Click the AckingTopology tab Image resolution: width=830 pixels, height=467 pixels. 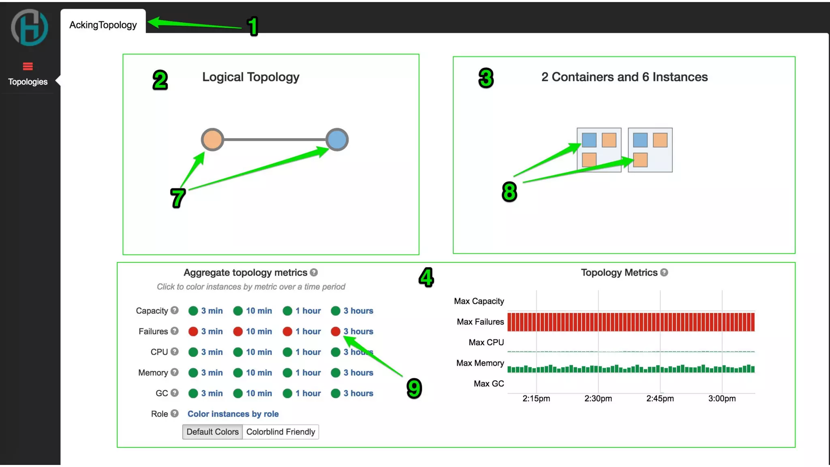[x=103, y=25]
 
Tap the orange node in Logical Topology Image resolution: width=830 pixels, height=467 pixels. [x=212, y=139]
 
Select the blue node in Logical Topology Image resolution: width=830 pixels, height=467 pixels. [x=337, y=139]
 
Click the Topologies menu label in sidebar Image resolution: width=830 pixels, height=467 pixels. [x=28, y=81]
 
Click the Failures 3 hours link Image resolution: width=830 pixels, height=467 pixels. [x=358, y=331]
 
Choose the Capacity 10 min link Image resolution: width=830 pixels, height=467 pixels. [x=259, y=311]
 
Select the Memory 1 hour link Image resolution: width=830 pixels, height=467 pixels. [x=308, y=373]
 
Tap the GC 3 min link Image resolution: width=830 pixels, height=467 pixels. [x=212, y=393]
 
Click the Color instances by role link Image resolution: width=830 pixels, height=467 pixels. [x=233, y=414]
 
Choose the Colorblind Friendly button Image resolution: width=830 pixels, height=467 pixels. [x=280, y=432]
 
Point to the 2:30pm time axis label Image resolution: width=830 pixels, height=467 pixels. [x=598, y=398]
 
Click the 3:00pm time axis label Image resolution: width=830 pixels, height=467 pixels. [x=722, y=398]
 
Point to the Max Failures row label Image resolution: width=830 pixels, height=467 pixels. [x=480, y=322]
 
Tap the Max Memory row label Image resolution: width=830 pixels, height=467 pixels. [x=480, y=363]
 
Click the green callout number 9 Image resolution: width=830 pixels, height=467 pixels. [x=414, y=388]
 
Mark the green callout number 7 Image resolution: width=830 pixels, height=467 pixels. [x=178, y=198]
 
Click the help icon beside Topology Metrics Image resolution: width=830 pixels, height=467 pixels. [x=664, y=272]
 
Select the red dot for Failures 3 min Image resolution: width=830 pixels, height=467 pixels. [x=193, y=331]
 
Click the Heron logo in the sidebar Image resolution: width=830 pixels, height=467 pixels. [x=29, y=28]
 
